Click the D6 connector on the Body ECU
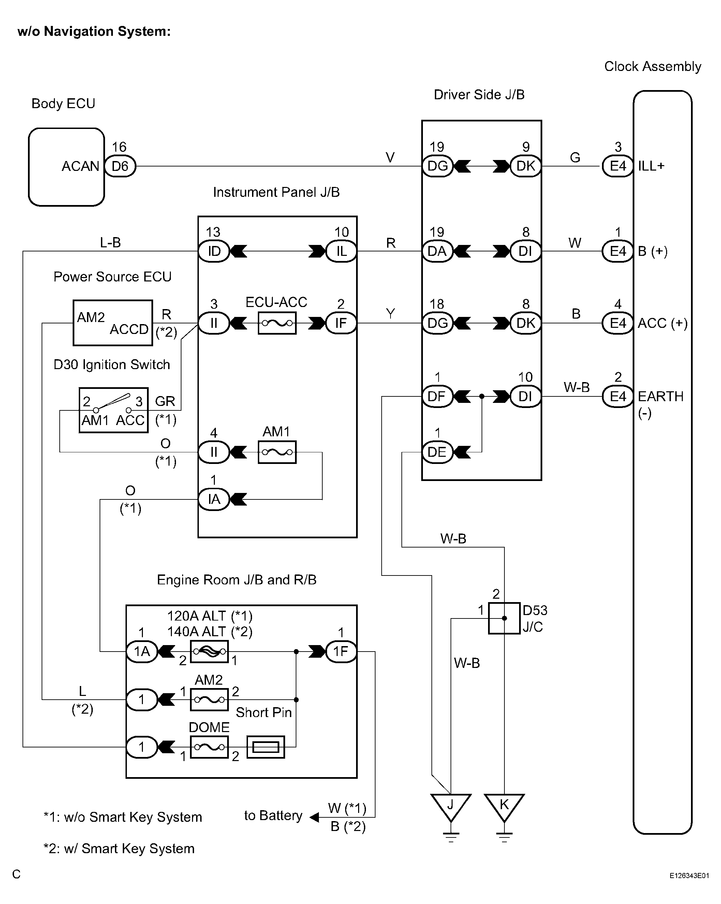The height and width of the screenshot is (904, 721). [120, 166]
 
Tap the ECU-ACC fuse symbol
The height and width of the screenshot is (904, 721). [277, 323]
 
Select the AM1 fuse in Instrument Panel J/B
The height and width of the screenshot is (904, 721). [277, 452]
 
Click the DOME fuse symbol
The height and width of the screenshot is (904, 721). [209, 747]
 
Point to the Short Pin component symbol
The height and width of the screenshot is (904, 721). [266, 747]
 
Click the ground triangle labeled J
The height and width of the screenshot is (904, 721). [451, 807]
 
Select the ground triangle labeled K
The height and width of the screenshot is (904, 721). [504, 807]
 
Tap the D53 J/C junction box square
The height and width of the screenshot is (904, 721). [504, 618]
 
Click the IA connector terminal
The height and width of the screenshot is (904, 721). [214, 499]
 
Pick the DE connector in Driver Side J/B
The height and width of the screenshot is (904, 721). [437, 452]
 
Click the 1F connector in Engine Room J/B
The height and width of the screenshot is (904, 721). [341, 651]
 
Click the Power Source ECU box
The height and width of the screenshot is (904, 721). [113, 323]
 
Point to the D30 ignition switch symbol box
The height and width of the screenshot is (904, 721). [114, 410]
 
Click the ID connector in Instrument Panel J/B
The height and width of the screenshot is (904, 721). [214, 251]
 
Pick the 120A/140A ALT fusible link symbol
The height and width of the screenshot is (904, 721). [209, 651]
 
